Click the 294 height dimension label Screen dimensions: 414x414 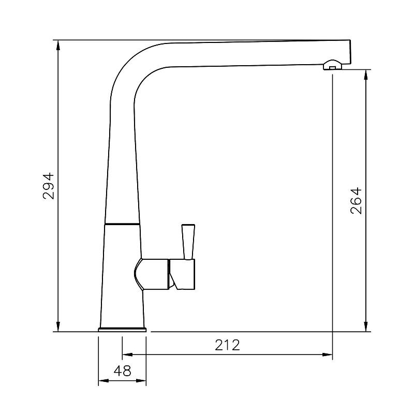pyautogui.click(x=48, y=186)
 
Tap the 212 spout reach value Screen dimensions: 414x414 pyautogui.click(x=227, y=345)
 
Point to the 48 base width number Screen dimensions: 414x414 pyautogui.click(x=122, y=371)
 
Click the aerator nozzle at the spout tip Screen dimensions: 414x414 pyautogui.click(x=332, y=65)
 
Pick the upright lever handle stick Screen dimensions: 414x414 pyautogui.click(x=188, y=242)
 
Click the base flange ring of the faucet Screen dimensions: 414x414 pyautogui.click(x=122, y=329)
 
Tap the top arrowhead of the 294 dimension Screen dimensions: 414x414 pyautogui.click(x=58, y=46)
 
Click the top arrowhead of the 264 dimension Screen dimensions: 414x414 pyautogui.click(x=366, y=75)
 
